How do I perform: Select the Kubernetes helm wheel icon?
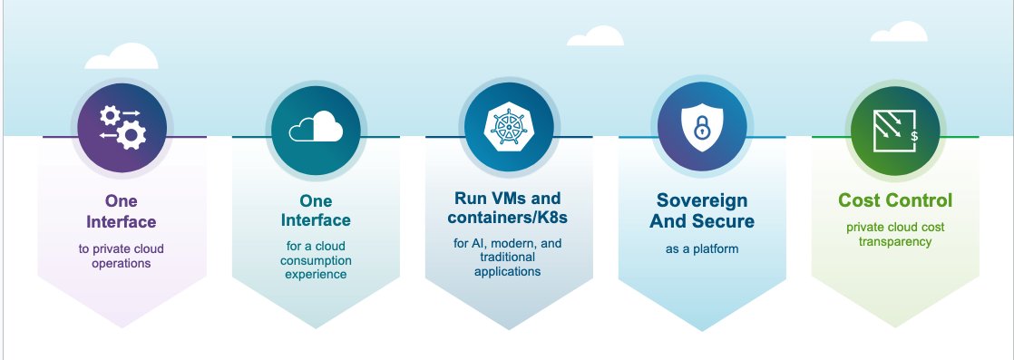(x=508, y=128)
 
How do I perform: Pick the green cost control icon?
(x=894, y=128)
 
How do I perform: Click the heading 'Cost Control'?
(x=894, y=199)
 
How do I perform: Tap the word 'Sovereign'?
(x=701, y=199)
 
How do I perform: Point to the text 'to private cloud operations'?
(x=121, y=256)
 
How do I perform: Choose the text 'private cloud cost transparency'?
(x=894, y=234)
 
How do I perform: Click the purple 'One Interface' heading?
(x=121, y=211)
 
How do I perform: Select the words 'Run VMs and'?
(x=508, y=198)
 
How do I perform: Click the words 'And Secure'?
(x=701, y=220)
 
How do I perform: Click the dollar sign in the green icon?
(x=913, y=136)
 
